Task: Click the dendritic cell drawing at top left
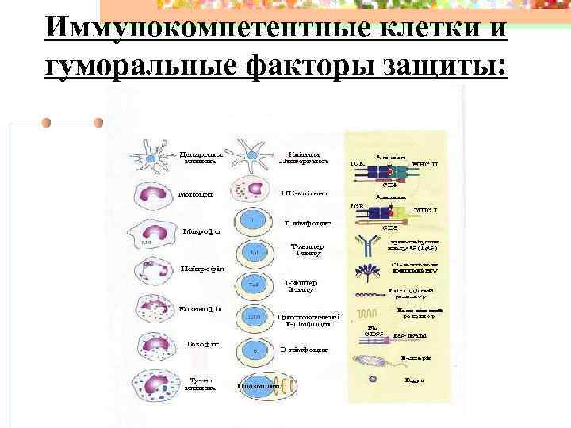[151, 154]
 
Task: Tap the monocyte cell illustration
[151, 193]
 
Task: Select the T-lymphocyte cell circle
[252, 220]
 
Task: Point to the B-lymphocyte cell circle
[252, 350]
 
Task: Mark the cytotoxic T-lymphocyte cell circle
[252, 318]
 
